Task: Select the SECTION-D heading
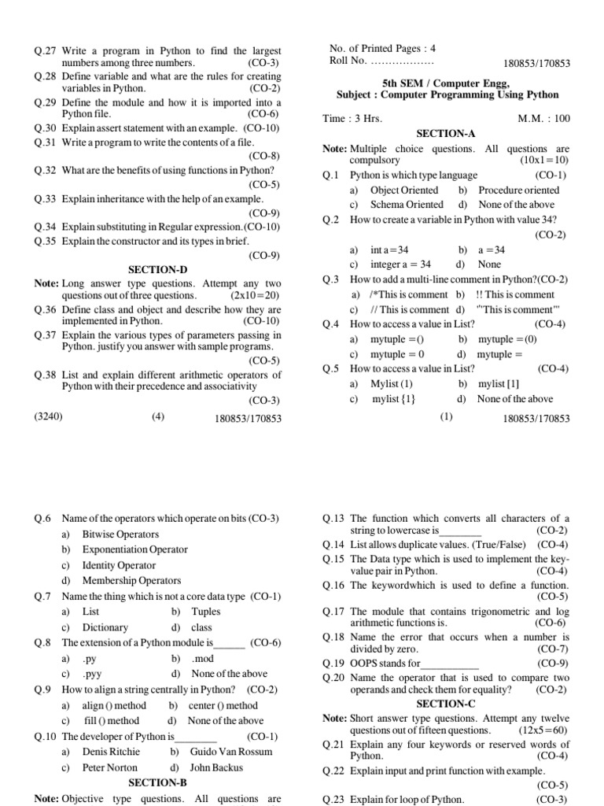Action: click(x=157, y=270)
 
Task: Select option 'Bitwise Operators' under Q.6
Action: click(x=120, y=534)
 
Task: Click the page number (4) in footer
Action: click(x=158, y=418)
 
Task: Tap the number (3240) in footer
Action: click(x=50, y=418)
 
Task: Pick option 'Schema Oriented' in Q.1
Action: click(x=407, y=205)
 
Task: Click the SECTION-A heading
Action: click(x=446, y=135)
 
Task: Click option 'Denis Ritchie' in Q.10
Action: click(x=111, y=752)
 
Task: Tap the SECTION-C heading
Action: click(x=445, y=704)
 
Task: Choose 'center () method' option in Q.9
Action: click(x=223, y=705)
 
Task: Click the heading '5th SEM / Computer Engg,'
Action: click(x=446, y=82)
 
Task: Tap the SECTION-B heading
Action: click(x=157, y=782)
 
